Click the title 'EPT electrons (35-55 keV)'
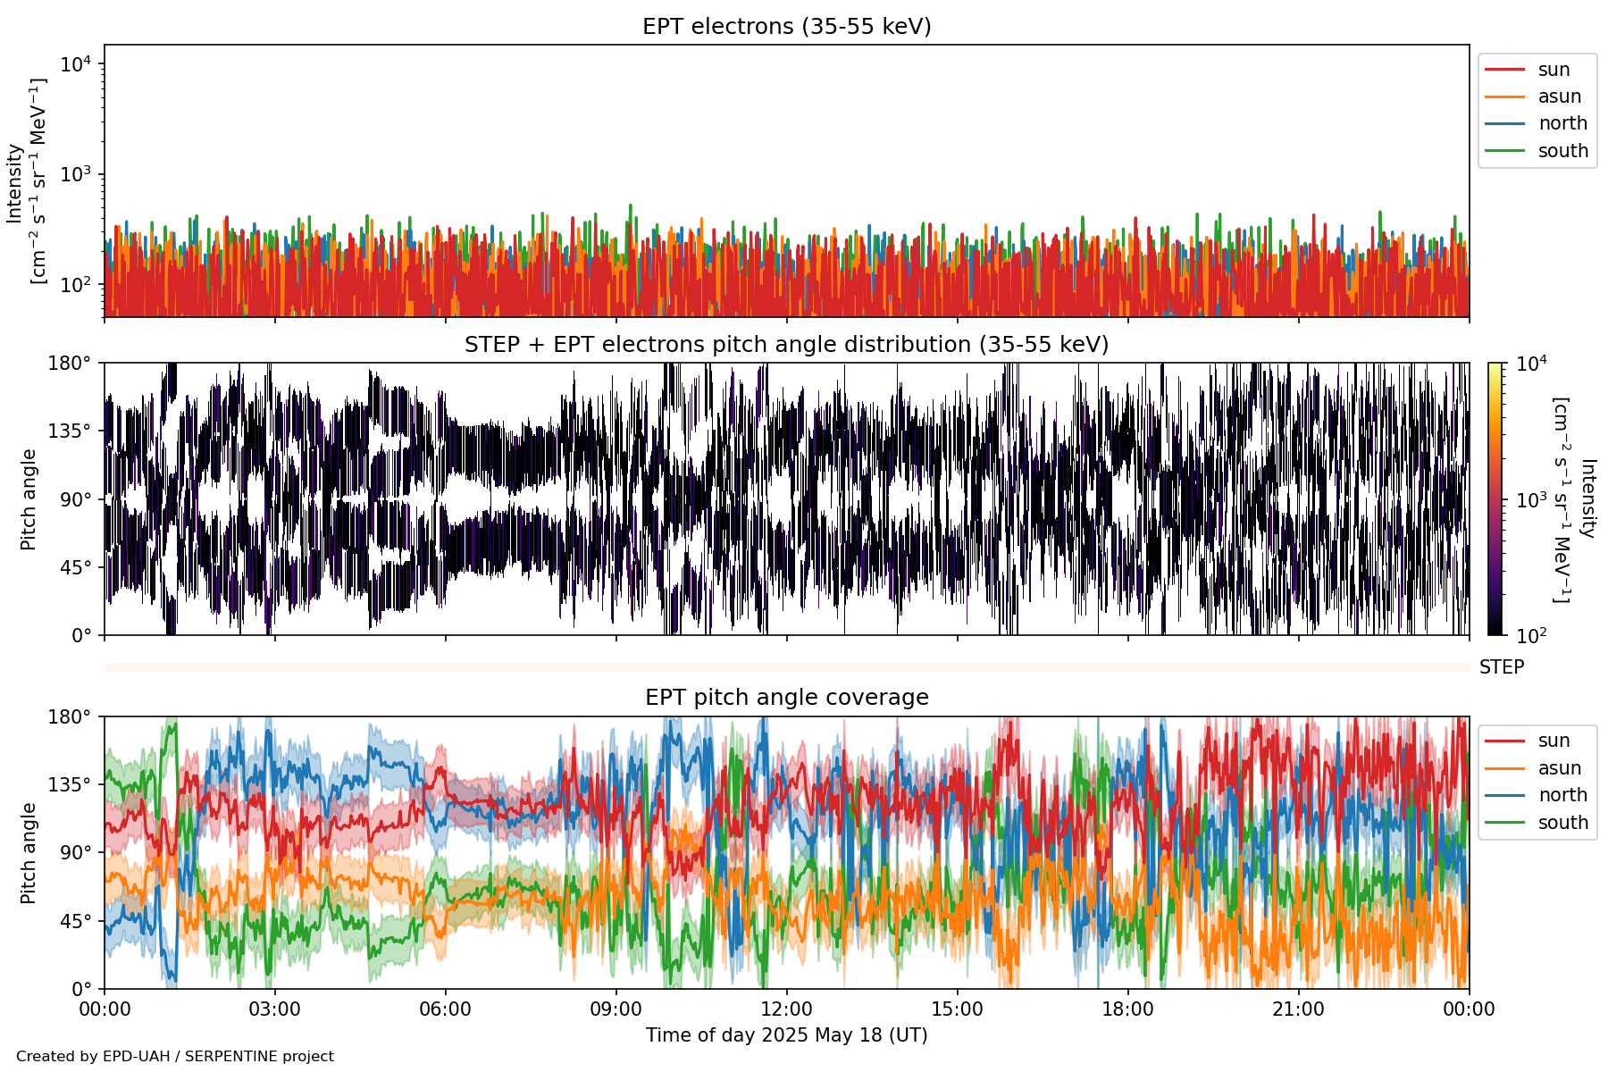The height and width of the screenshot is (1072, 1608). click(x=786, y=27)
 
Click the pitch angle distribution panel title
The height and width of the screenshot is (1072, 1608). click(x=786, y=345)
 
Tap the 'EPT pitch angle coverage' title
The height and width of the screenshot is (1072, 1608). click(x=786, y=698)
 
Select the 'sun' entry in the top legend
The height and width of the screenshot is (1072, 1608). click(x=1554, y=70)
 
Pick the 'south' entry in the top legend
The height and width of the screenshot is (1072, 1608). click(x=1562, y=151)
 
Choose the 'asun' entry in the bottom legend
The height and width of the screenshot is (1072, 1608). click(x=1559, y=768)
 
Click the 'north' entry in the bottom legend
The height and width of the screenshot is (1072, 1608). click(x=1562, y=795)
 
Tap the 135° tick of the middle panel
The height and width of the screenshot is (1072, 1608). click(x=70, y=431)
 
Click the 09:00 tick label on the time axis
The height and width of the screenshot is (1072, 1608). click(x=616, y=1009)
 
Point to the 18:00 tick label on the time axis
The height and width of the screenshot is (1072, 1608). click(x=1127, y=1009)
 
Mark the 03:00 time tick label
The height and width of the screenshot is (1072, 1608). click(x=274, y=1009)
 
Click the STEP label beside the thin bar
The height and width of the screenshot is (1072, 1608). click(x=1501, y=667)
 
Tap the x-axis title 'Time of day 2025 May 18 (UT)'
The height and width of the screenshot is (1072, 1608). click(x=786, y=1035)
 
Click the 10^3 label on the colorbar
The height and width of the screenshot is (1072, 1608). click(x=1531, y=500)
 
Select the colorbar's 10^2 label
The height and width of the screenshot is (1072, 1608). click(x=1531, y=636)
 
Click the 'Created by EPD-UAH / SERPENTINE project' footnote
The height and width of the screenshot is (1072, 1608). click(x=175, y=1056)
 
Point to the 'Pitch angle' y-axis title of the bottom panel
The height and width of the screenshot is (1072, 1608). click(x=29, y=852)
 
